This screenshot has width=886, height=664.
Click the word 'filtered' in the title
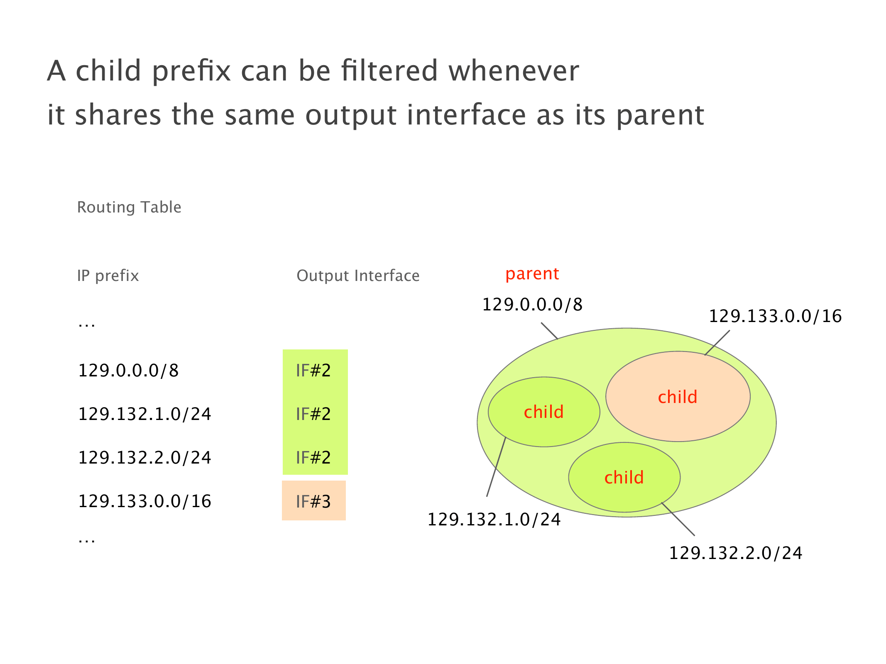click(389, 71)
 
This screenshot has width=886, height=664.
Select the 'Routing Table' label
click(129, 207)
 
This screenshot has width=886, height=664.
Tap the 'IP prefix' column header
click(108, 276)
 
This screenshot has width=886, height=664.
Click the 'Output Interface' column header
click(358, 276)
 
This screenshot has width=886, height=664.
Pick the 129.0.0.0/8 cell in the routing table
click(128, 371)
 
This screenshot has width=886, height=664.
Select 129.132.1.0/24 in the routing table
click(145, 414)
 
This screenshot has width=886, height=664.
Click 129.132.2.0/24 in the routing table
click(145, 458)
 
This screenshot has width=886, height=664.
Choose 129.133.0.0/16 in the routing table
click(145, 501)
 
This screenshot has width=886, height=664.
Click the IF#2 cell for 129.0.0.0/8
click(313, 371)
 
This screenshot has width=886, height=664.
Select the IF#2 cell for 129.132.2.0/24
click(313, 458)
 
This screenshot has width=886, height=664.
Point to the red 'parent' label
click(532, 274)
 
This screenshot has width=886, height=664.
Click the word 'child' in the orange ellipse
click(678, 397)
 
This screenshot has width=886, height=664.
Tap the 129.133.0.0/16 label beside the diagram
click(775, 316)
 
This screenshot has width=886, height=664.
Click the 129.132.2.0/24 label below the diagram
click(736, 553)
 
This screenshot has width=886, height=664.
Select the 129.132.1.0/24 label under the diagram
click(494, 520)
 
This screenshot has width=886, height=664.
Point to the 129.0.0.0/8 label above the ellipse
click(532, 305)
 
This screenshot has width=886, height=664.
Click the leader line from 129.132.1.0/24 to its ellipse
click(496, 467)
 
